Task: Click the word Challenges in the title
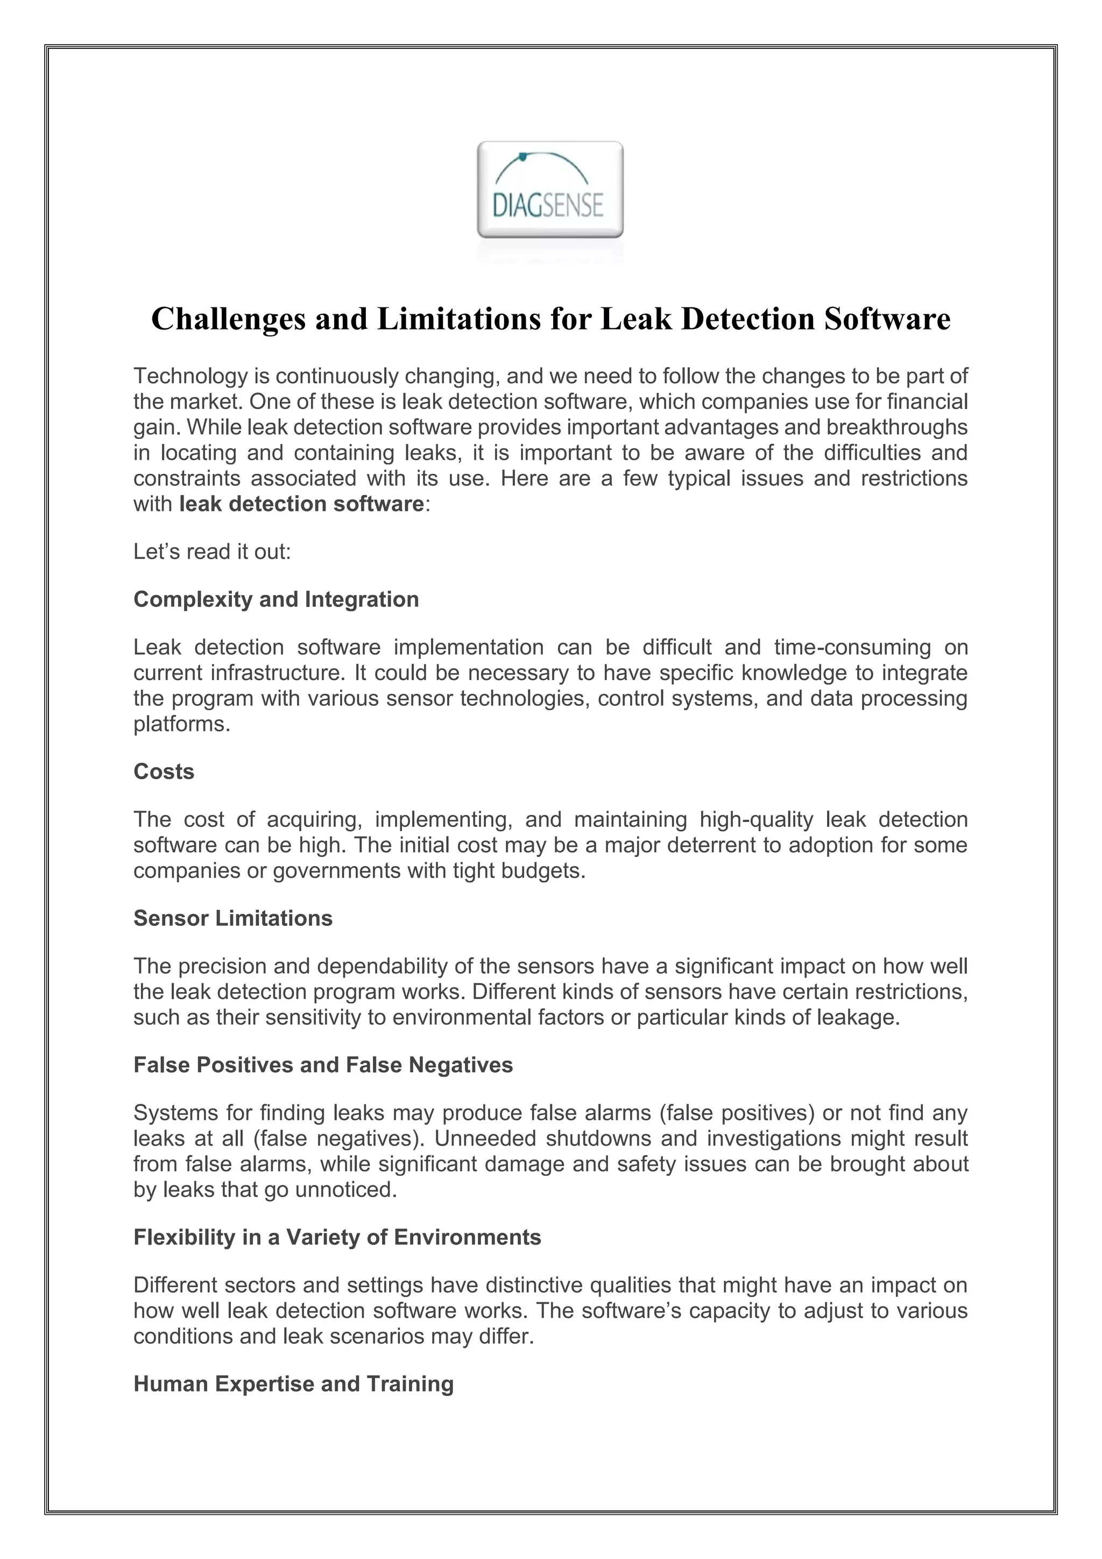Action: pyautogui.click(x=228, y=319)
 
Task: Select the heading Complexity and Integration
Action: pyautogui.click(x=276, y=600)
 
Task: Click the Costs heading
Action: pyautogui.click(x=164, y=772)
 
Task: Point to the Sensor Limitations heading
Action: pyautogui.click(x=233, y=919)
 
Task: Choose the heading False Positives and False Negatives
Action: pyautogui.click(x=323, y=1065)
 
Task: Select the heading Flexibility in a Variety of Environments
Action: pyautogui.click(x=337, y=1238)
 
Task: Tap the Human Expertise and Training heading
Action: pyautogui.click(x=293, y=1385)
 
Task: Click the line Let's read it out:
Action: pyautogui.click(x=211, y=552)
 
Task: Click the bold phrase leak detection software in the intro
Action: pyautogui.click(x=301, y=504)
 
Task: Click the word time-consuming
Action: pyautogui.click(x=852, y=648)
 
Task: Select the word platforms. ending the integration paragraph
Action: pyautogui.click(x=182, y=725)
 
